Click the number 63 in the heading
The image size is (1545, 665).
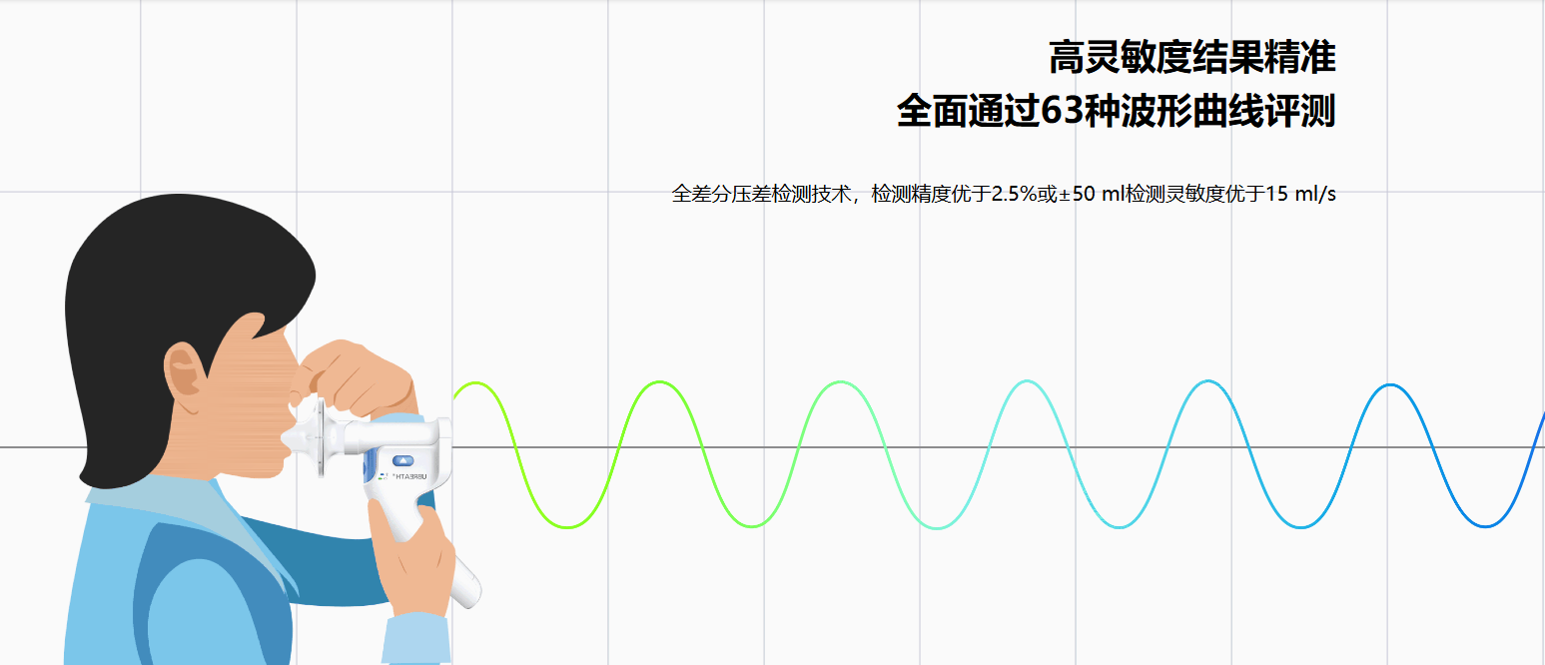pyautogui.click(x=1062, y=111)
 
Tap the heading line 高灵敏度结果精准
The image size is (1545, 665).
pyautogui.click(x=1191, y=57)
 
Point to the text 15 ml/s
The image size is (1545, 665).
pyautogui.click(x=1301, y=194)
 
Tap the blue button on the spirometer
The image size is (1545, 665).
pyautogui.click(x=402, y=460)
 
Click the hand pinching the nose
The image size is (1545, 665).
pyautogui.click(x=352, y=376)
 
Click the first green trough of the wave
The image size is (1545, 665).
pyautogui.click(x=567, y=527)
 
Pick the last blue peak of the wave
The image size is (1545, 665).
pyautogui.click(x=1390, y=385)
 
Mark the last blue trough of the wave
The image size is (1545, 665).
pyautogui.click(x=1485, y=525)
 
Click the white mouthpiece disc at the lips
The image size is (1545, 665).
pyautogui.click(x=320, y=437)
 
